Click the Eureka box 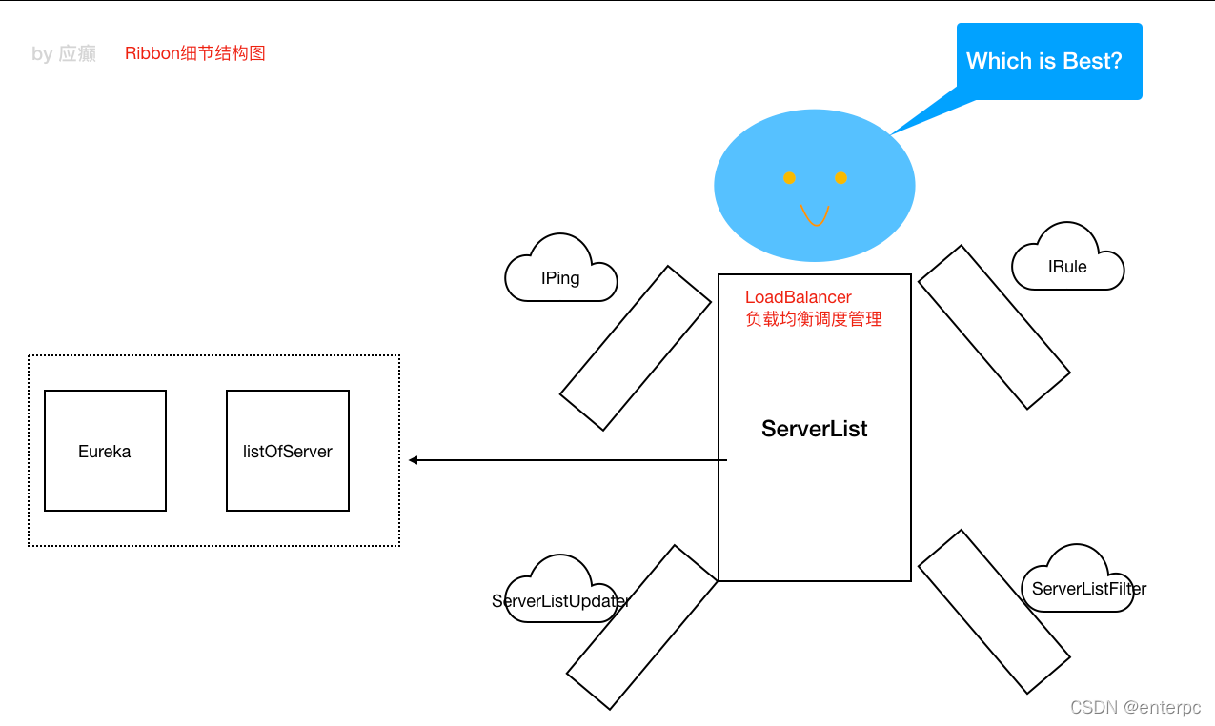pos(105,451)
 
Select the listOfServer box pos(287,451)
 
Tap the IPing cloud pos(560,276)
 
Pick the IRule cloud pos(1067,265)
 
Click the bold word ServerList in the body pos(814,429)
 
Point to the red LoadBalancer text pos(798,298)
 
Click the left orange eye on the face pos(789,178)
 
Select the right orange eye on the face pos(840,178)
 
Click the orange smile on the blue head pos(814,215)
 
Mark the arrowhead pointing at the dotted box pos(414,460)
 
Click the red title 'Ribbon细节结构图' pos(194,53)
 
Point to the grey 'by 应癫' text pos(64,54)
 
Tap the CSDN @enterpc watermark pos(1135,707)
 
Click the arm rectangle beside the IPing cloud pos(635,348)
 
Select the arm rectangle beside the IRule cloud pos(994,327)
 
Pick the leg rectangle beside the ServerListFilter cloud pos(994,611)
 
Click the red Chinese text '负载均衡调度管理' pos(813,319)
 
